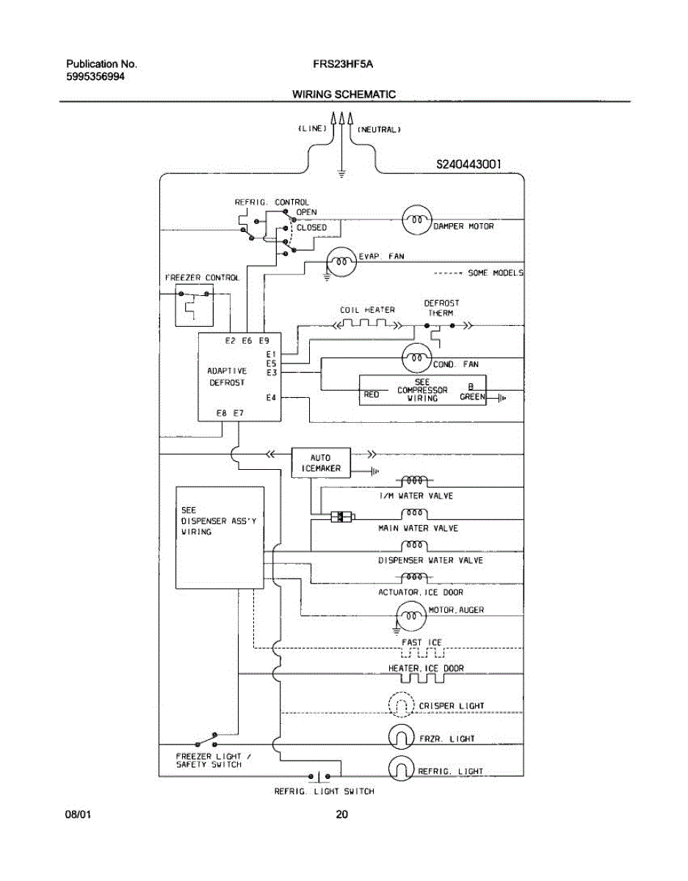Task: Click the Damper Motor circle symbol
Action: pyautogui.click(x=416, y=219)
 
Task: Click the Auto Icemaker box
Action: pyautogui.click(x=321, y=463)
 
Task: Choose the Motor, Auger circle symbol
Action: pyautogui.click(x=410, y=615)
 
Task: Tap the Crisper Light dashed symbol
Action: pyautogui.click(x=401, y=706)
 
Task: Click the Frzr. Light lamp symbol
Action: pyautogui.click(x=401, y=737)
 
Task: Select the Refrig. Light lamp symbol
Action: pyautogui.click(x=401, y=768)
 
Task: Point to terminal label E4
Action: pyautogui.click(x=271, y=398)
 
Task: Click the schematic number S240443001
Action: pyautogui.click(x=468, y=164)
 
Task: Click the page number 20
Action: pyautogui.click(x=341, y=814)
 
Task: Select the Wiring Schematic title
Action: pyautogui.click(x=344, y=94)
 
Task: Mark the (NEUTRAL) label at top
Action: pyautogui.click(x=379, y=129)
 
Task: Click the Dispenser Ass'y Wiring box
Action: pyautogui.click(x=219, y=537)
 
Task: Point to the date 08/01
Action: pyautogui.click(x=79, y=814)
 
